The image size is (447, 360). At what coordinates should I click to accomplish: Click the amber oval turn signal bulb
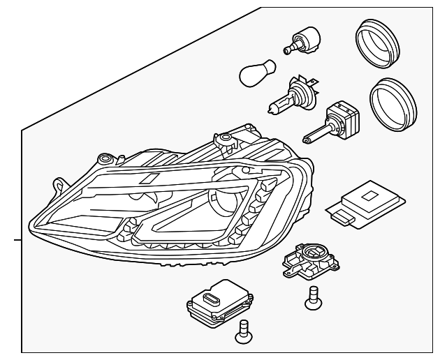[256, 72]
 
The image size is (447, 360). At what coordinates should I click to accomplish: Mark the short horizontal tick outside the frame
[17, 240]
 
